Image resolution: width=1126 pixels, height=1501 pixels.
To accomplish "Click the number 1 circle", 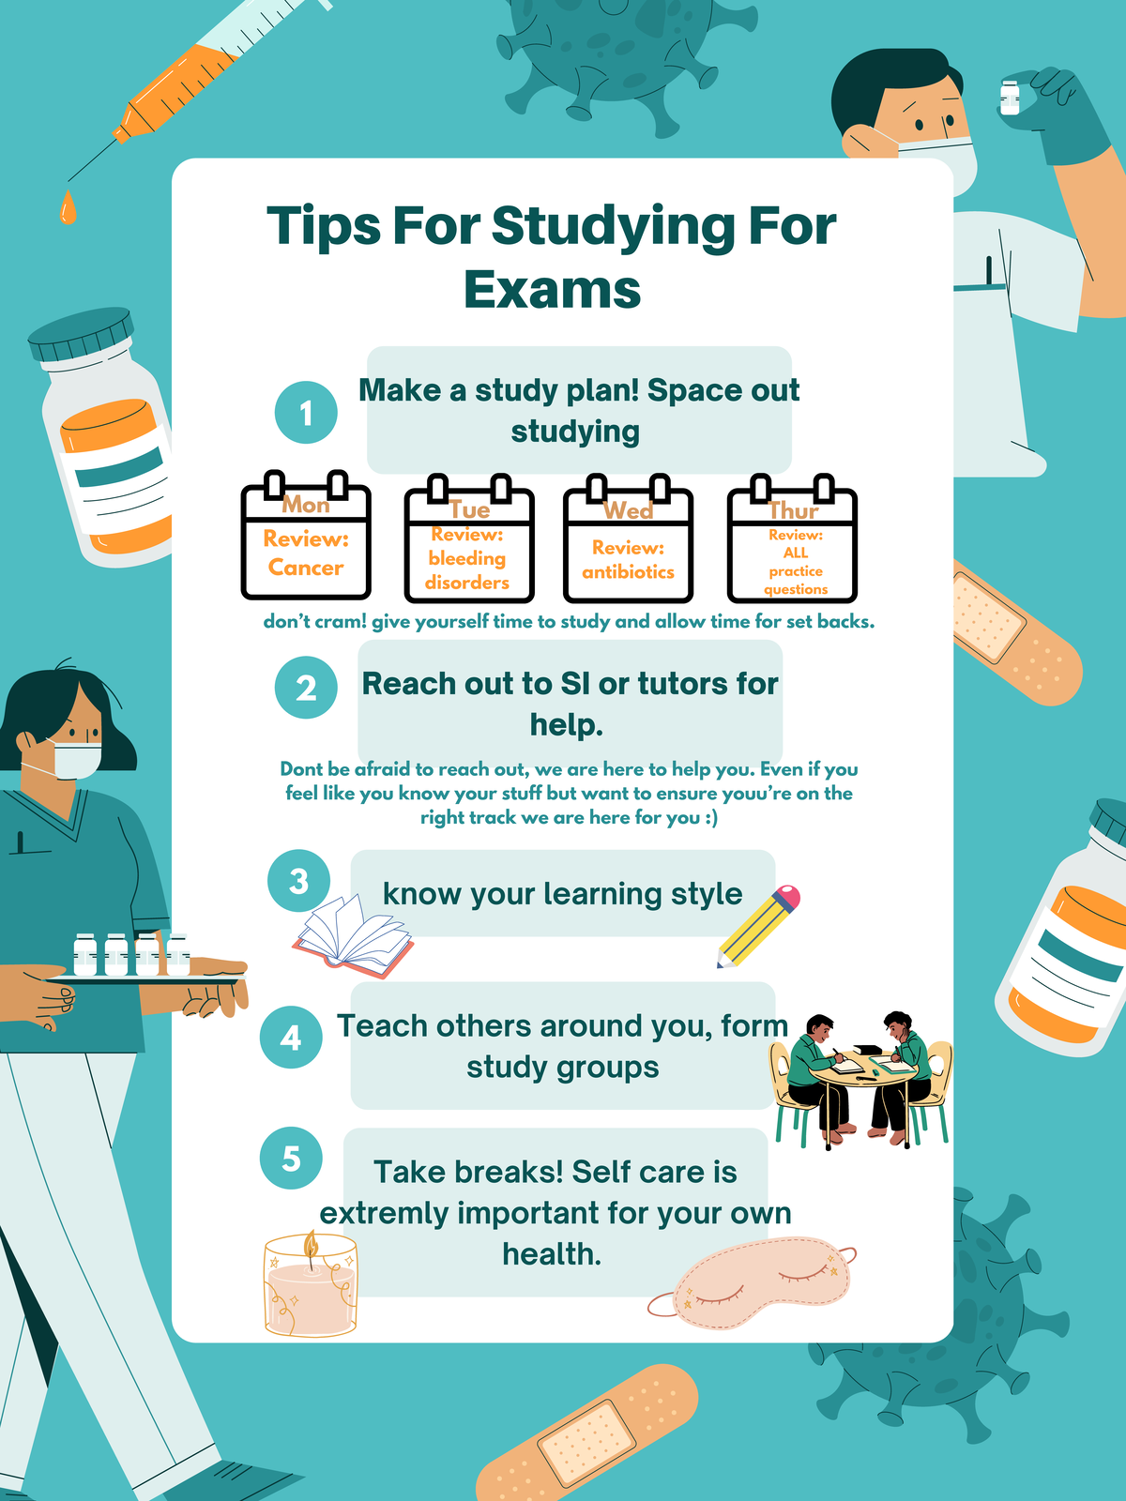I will click(x=306, y=413).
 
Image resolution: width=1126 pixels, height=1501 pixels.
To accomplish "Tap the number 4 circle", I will click(x=291, y=1038).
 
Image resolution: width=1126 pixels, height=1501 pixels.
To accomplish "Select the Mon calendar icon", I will click(x=306, y=537).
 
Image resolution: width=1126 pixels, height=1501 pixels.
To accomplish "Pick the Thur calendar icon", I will click(x=793, y=538).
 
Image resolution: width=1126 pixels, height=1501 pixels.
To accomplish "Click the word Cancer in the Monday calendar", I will click(x=306, y=568).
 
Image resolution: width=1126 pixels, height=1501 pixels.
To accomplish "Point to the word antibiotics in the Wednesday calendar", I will click(x=628, y=571).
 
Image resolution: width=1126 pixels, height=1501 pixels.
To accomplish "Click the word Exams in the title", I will click(x=552, y=289).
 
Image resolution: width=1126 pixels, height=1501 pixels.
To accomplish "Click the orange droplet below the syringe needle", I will click(x=68, y=208).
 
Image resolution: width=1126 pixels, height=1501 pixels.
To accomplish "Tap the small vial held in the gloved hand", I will click(x=1010, y=97).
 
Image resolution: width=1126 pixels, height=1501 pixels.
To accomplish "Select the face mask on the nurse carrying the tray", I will click(x=76, y=759).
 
